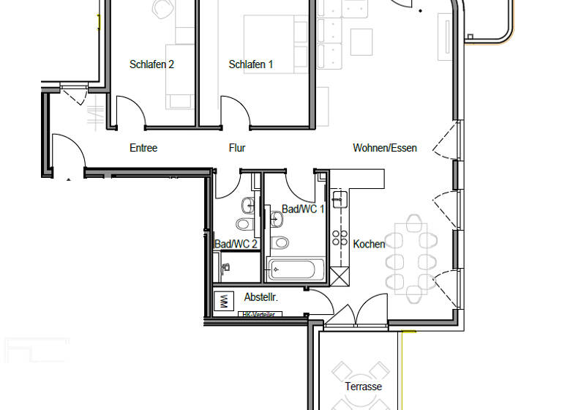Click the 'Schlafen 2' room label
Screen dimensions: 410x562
151,64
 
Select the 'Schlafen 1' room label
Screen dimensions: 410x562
251,64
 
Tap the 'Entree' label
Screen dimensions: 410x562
143,148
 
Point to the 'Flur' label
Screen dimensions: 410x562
237,148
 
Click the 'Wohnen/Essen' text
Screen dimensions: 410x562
385,148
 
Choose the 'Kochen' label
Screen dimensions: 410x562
369,244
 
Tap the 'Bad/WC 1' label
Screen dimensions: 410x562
303,209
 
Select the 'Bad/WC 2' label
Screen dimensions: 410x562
236,244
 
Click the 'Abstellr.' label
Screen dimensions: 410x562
261,297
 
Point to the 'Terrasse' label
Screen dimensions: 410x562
364,387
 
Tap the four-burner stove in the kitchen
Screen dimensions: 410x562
340,237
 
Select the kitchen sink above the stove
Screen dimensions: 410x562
339,199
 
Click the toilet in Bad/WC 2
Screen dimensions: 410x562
243,223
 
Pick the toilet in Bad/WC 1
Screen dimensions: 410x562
280,242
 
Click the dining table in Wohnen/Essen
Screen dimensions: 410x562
411,256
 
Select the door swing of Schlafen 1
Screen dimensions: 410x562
236,112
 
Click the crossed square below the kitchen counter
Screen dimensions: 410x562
340,277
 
